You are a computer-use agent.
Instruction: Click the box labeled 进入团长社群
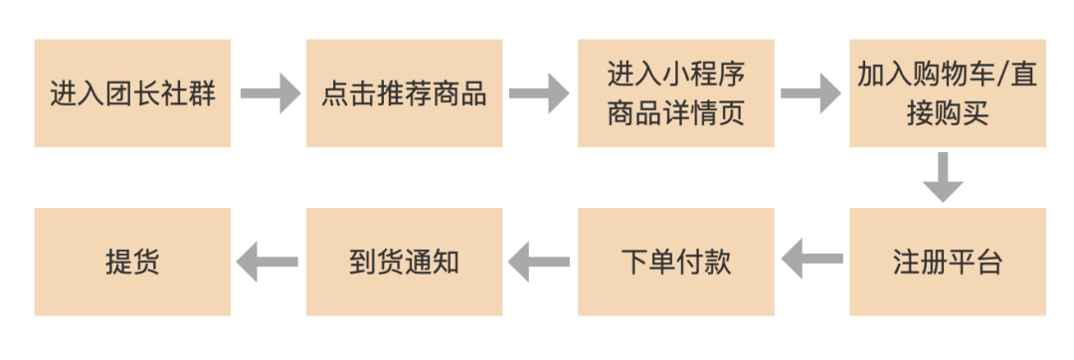click(132, 93)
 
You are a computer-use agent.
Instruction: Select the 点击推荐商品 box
click(404, 93)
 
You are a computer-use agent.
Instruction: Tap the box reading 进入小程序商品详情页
click(675, 93)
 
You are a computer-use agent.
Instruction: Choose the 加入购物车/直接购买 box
click(947, 93)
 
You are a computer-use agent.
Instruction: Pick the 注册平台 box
click(947, 262)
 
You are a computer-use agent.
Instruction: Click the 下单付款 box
click(675, 262)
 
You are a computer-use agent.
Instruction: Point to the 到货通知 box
click(404, 262)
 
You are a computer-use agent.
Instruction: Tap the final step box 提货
click(132, 262)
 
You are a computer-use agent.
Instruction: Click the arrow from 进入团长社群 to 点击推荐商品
click(268, 94)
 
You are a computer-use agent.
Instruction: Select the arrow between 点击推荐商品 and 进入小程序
click(539, 94)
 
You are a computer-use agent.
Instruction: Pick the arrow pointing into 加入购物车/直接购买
click(810, 94)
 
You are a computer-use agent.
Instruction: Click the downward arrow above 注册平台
click(943, 177)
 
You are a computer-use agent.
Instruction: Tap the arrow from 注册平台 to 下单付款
click(811, 262)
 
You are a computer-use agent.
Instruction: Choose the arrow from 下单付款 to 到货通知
click(539, 262)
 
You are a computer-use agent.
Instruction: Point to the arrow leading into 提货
click(268, 262)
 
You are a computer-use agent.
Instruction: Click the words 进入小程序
click(675, 75)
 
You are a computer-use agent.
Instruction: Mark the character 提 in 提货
click(118, 262)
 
